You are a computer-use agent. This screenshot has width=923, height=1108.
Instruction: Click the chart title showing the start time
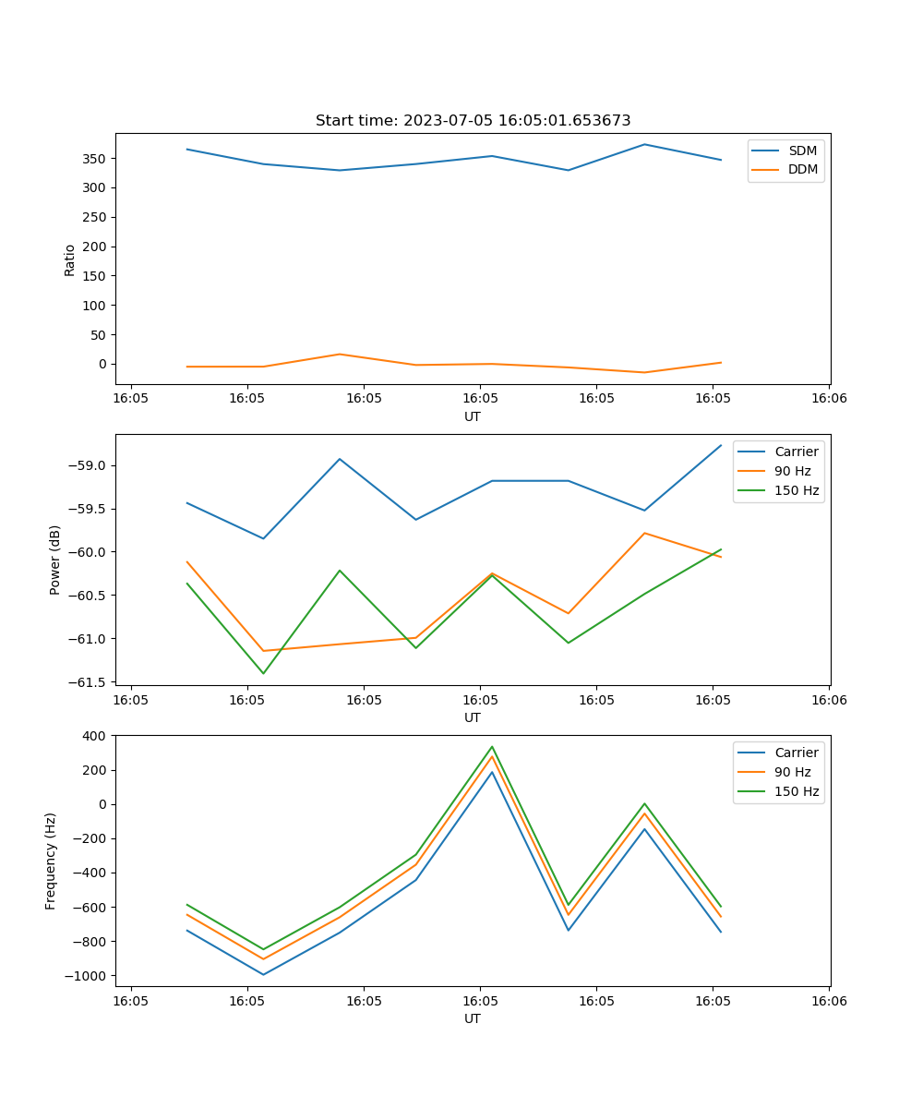473,121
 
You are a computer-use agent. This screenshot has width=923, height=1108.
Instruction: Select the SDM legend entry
801,151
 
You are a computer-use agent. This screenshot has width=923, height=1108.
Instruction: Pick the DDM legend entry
801,169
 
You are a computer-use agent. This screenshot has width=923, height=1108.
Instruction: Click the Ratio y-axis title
70,259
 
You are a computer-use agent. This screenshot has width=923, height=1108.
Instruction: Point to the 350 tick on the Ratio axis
96,159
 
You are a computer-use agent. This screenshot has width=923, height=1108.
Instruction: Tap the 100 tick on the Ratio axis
96,306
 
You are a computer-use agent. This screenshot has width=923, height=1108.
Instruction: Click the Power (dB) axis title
55,560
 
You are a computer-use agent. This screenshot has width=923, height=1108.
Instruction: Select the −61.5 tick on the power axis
88,682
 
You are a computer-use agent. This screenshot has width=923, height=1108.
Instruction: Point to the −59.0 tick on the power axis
88,465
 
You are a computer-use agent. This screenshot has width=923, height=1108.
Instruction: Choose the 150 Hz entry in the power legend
796,490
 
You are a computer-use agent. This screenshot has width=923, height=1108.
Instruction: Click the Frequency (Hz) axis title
51,861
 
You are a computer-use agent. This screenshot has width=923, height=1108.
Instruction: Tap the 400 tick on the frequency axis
97,736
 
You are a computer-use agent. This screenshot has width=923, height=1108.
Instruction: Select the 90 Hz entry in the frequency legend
792,772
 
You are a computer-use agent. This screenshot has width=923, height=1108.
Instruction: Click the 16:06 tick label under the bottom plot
828,1001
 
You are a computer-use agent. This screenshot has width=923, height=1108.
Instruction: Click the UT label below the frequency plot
473,1018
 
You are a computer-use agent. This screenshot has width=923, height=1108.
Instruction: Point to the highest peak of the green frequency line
492,747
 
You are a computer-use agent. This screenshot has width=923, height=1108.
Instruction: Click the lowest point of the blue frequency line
263,974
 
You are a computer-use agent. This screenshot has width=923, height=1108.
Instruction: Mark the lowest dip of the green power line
263,673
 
